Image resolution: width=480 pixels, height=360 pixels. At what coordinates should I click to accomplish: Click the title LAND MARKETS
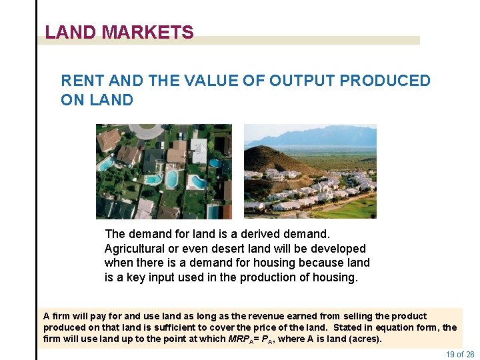coord(119,32)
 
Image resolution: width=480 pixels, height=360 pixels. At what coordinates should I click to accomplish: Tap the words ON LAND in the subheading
coord(97,100)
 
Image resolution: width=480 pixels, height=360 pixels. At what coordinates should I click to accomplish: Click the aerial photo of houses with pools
coord(163,171)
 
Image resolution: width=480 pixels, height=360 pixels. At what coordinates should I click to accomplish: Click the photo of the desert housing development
coord(310,171)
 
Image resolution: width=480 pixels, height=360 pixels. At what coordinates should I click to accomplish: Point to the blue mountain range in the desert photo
coord(320,137)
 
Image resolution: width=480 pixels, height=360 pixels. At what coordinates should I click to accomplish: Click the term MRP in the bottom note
coord(239,339)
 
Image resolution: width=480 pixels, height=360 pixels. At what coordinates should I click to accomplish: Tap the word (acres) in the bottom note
coord(367,339)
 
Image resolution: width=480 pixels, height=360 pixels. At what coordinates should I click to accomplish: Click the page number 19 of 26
coord(459,354)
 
